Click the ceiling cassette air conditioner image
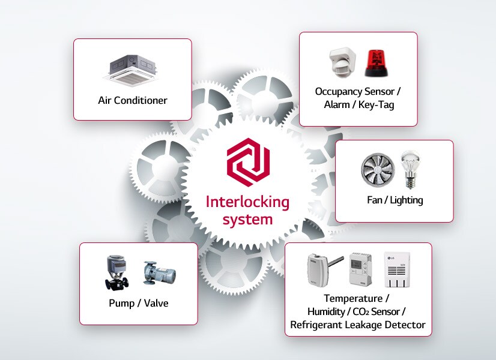pyautogui.click(x=132, y=69)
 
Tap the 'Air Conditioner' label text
pyautogui.click(x=133, y=100)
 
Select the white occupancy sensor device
pyautogui.click(x=342, y=62)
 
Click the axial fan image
pyautogui.click(x=378, y=170)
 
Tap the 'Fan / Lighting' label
pyautogui.click(x=395, y=200)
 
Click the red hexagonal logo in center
pyautogui.click(x=248, y=161)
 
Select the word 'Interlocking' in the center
pyautogui.click(x=247, y=202)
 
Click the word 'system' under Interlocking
pyautogui.click(x=247, y=220)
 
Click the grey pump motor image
pyautogui.click(x=159, y=273)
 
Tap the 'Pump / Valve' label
pyautogui.click(x=139, y=303)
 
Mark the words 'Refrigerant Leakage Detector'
pyautogui.click(x=358, y=325)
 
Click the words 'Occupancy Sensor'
pyautogui.click(x=354, y=92)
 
